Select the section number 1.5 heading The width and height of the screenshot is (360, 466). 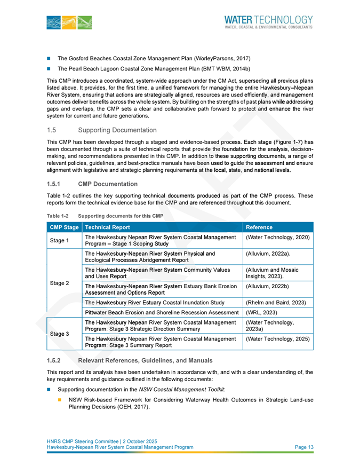tap(52, 130)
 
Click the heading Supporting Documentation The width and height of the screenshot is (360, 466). tap(117, 130)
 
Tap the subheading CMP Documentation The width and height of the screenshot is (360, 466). tap(107, 184)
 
